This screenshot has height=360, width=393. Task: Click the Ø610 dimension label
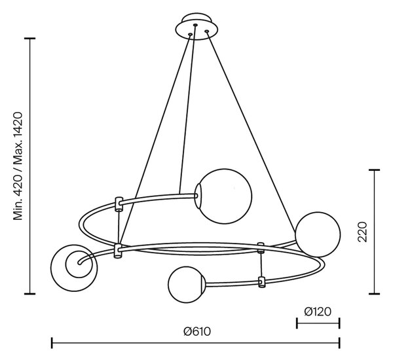pyautogui.click(x=197, y=331)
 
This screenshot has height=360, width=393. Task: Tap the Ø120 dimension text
pyautogui.click(x=318, y=312)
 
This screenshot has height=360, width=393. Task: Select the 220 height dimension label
pyautogui.click(x=362, y=232)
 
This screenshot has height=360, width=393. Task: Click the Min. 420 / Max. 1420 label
pyautogui.click(x=18, y=166)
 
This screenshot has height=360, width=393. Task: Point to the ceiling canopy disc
pyautogui.click(x=196, y=29)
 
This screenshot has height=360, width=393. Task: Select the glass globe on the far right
pyautogui.click(x=318, y=234)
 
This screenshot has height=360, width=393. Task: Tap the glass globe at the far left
pyautogui.click(x=74, y=268)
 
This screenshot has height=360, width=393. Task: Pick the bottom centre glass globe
pyautogui.click(x=187, y=285)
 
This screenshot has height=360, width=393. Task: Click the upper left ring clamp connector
pyautogui.click(x=119, y=204)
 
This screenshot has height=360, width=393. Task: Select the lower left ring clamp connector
pyautogui.click(x=118, y=251)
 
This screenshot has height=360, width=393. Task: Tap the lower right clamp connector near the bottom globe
pyautogui.click(x=261, y=282)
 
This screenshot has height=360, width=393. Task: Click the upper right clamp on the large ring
pyautogui.click(x=261, y=247)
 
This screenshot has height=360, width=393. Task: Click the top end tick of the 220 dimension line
pyautogui.click(x=375, y=170)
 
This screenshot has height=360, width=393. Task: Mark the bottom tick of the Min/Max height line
pyautogui.click(x=30, y=293)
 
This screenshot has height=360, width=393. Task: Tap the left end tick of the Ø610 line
pyautogui.click(x=52, y=343)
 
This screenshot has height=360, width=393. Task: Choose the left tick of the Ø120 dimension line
pyautogui.click(x=297, y=323)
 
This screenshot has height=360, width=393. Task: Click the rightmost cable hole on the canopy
pyautogui.click(x=207, y=31)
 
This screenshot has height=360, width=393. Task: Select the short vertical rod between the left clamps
pyautogui.click(x=119, y=227)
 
